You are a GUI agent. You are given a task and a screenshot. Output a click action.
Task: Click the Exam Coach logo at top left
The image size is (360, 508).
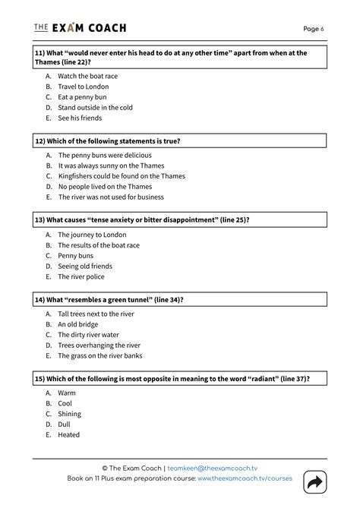point(80,28)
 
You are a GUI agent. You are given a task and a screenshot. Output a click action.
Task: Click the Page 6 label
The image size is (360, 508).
point(313,29)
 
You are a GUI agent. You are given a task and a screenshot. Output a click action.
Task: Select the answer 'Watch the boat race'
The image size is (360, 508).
point(87,76)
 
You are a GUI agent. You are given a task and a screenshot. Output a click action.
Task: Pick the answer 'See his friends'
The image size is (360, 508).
point(80,118)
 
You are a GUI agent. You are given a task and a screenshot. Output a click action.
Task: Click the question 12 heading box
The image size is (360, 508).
point(179,141)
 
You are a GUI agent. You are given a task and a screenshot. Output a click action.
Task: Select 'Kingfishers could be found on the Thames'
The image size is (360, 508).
point(122,175)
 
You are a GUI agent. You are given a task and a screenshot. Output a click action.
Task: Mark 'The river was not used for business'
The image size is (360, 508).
point(111,197)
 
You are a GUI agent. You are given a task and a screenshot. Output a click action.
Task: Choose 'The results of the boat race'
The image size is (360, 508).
point(99,245)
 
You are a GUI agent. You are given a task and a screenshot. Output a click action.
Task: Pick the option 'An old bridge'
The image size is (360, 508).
point(77,324)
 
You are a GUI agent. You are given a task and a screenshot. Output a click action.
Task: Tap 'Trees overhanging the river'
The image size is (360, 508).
point(99,345)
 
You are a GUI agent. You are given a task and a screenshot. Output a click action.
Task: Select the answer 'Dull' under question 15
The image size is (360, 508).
point(65,424)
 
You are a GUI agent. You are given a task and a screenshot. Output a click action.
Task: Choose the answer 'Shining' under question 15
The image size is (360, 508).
point(69,414)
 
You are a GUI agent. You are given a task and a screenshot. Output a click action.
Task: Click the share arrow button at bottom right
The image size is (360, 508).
point(313,482)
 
